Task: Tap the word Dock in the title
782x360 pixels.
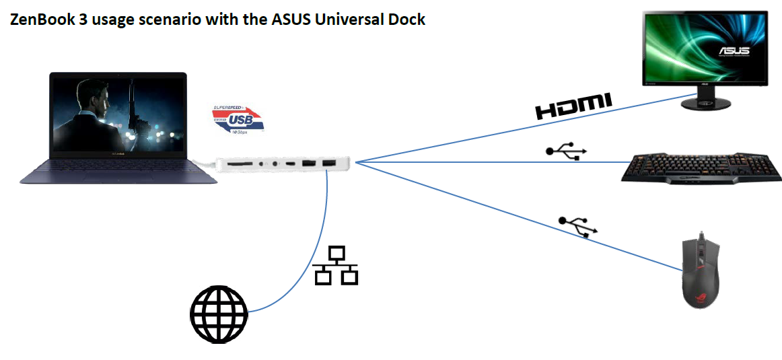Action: point(407,20)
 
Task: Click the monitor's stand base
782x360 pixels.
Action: point(705,104)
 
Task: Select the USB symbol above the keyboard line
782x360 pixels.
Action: point(566,151)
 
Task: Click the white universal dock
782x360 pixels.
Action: point(282,164)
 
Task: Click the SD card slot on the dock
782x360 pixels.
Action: point(240,164)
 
